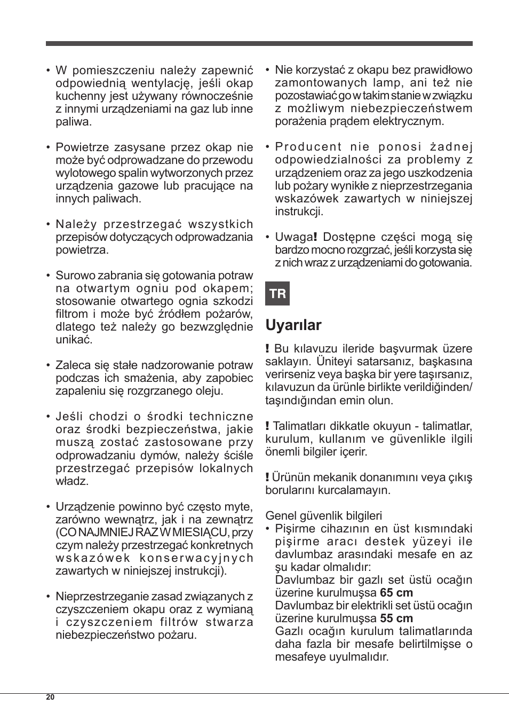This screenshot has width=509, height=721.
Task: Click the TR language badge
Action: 277,294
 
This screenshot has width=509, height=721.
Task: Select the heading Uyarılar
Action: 293,325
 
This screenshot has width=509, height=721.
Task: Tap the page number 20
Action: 50,698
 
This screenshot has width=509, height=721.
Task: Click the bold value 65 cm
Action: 396,592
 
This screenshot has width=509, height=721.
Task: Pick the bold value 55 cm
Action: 396,618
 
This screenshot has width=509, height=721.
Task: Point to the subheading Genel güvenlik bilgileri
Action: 323,515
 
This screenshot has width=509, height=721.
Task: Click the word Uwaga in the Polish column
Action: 293,237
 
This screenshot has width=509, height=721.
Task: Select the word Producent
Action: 308,147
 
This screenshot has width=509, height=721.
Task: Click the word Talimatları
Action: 299,426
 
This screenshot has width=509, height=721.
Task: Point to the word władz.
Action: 72,481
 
